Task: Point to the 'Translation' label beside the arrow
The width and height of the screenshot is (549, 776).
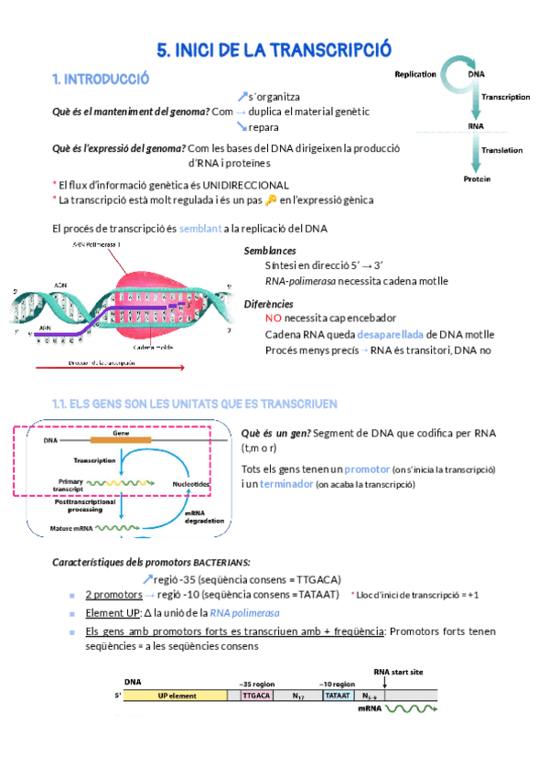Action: tap(501, 150)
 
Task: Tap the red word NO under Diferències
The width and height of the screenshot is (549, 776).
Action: tap(273, 318)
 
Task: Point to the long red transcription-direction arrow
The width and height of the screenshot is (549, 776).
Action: tap(110, 369)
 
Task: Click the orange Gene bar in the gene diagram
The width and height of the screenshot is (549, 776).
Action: tap(121, 440)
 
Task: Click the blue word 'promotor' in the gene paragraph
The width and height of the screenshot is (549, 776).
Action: tap(372, 469)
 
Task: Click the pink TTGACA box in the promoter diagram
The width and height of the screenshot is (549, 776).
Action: tap(256, 695)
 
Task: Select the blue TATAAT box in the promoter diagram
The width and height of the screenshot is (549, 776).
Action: tap(337, 695)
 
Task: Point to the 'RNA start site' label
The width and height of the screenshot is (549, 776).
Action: tap(398, 672)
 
